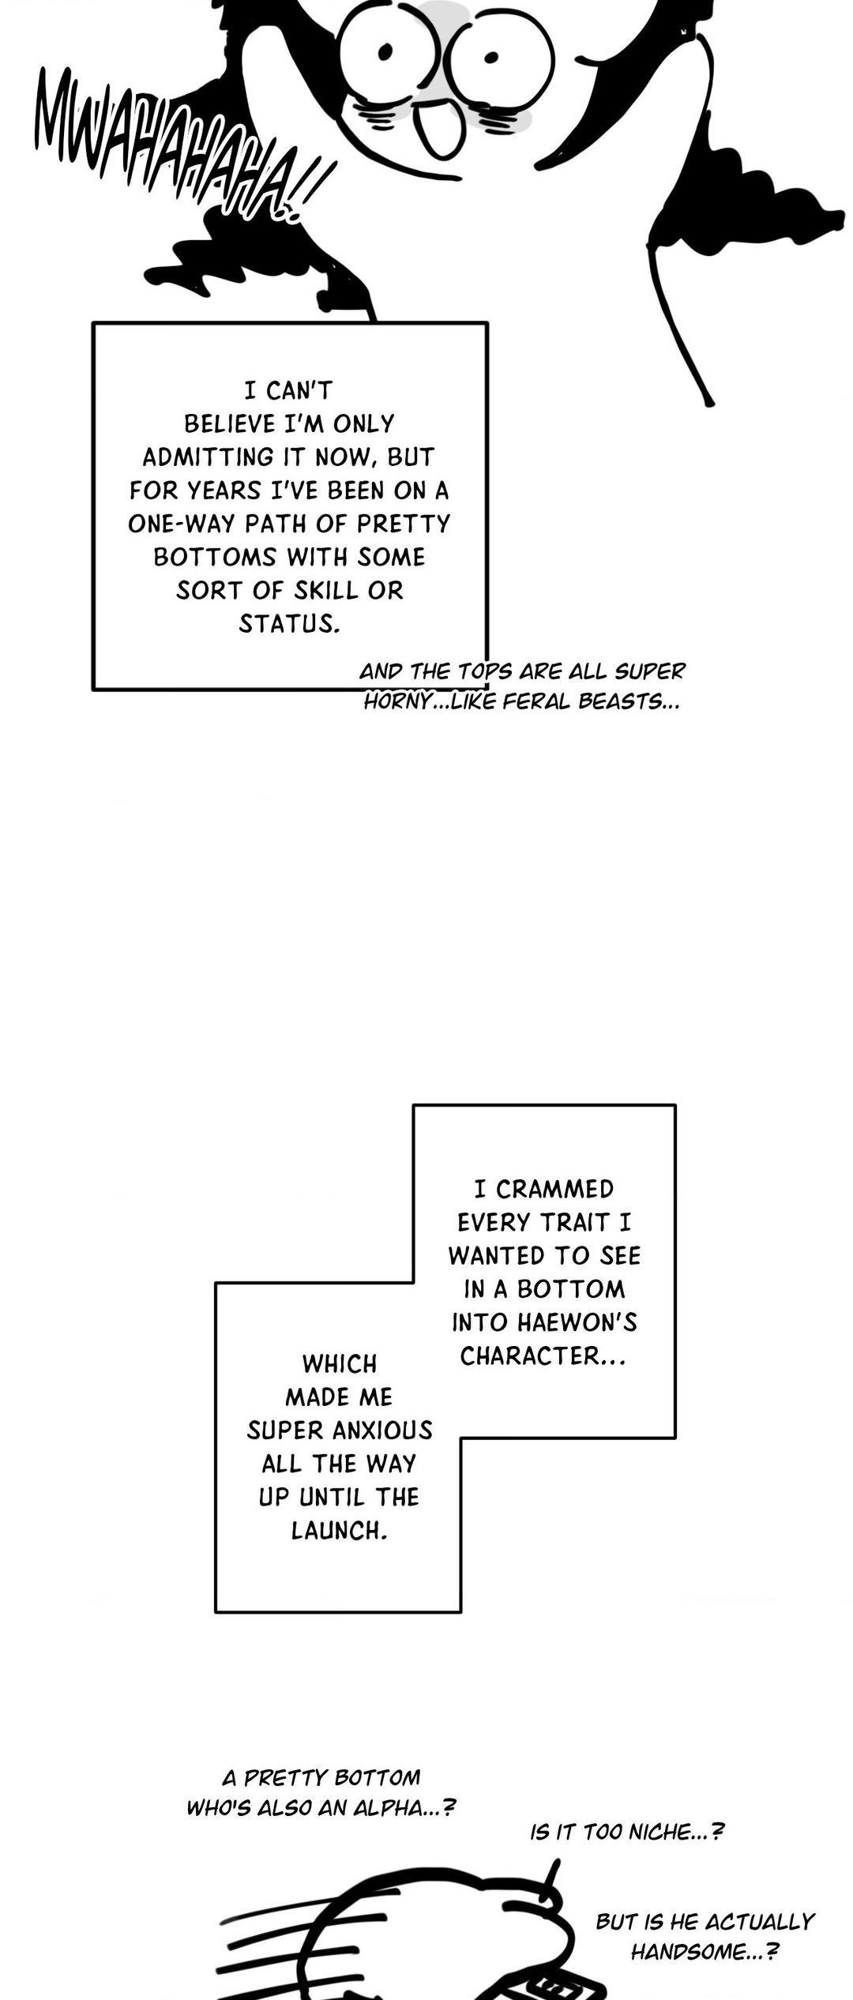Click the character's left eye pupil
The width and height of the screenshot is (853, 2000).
coord(386,52)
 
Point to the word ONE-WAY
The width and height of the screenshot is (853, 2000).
coord(176,524)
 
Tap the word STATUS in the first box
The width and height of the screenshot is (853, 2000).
coord(289,624)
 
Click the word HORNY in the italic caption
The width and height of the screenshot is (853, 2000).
coord(397,702)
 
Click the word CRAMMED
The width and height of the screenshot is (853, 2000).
coord(554,1190)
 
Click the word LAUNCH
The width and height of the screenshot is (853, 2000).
coord(340,1531)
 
